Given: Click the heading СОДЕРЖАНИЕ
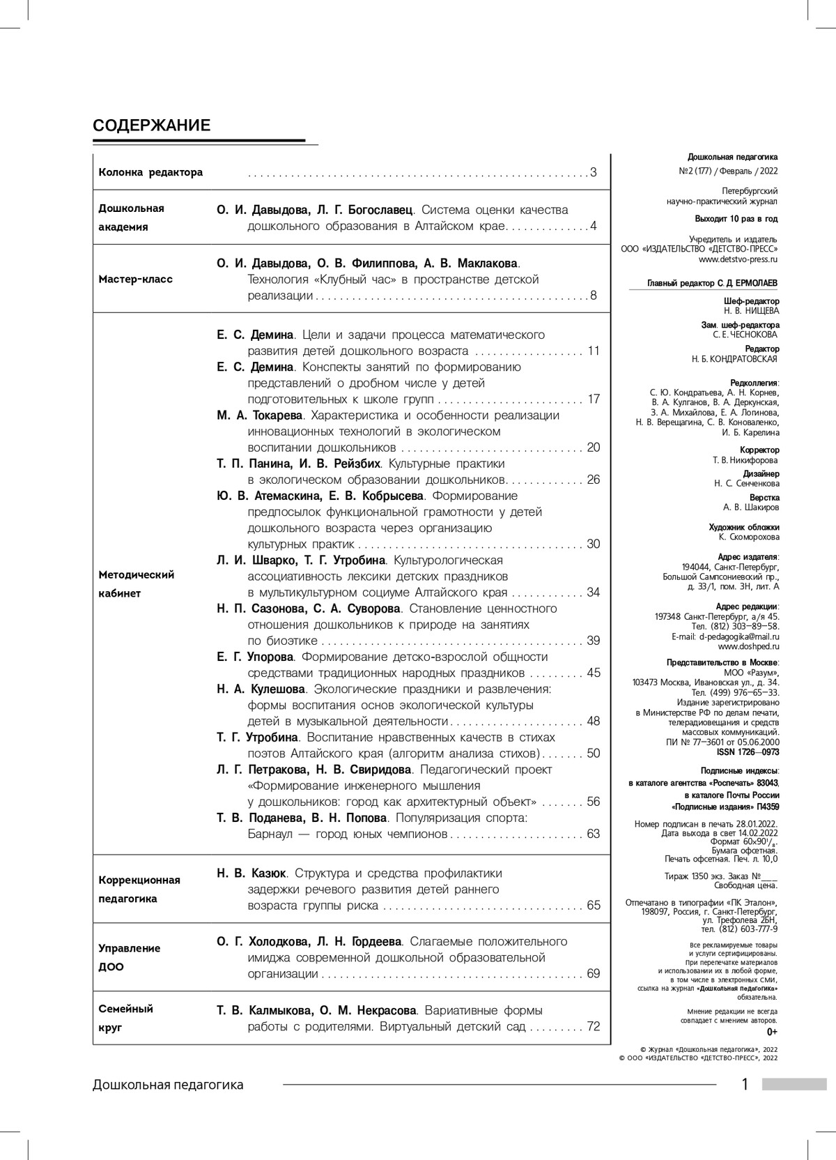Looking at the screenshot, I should [x=151, y=125].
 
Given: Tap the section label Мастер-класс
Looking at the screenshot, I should [x=135, y=280].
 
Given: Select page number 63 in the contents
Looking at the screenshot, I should [x=593, y=834].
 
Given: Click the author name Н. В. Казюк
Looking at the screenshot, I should [x=251, y=873].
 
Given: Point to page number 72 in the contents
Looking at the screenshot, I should [x=593, y=1027].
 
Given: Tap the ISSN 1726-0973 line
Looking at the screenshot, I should [x=748, y=752].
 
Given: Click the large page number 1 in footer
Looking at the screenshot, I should [x=745, y=1085].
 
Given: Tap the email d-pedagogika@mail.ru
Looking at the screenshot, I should [x=740, y=636].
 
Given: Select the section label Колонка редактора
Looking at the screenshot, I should [x=150, y=172].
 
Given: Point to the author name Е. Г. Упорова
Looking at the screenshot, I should [x=255, y=657].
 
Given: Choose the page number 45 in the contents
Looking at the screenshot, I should [x=593, y=673].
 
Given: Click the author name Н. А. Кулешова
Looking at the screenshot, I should [x=261, y=689].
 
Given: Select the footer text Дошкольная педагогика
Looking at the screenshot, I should [x=168, y=1085].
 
